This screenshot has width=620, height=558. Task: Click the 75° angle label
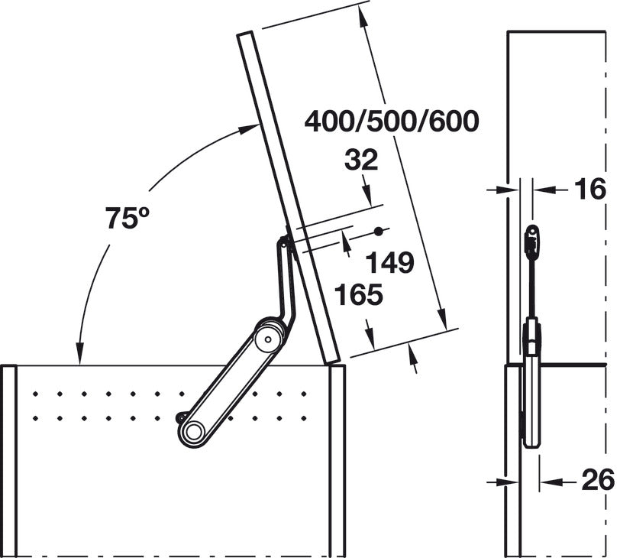click(128, 218)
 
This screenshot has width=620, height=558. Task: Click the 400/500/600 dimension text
click(392, 121)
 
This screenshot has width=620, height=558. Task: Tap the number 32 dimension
click(361, 161)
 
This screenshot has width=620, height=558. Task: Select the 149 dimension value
click(389, 262)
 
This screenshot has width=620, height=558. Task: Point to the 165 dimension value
click(359, 294)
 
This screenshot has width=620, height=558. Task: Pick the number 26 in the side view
click(599, 480)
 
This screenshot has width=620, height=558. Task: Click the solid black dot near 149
click(379, 232)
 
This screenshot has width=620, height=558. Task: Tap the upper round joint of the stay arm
click(269, 339)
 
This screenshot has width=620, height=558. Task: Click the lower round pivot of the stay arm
click(193, 431)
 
